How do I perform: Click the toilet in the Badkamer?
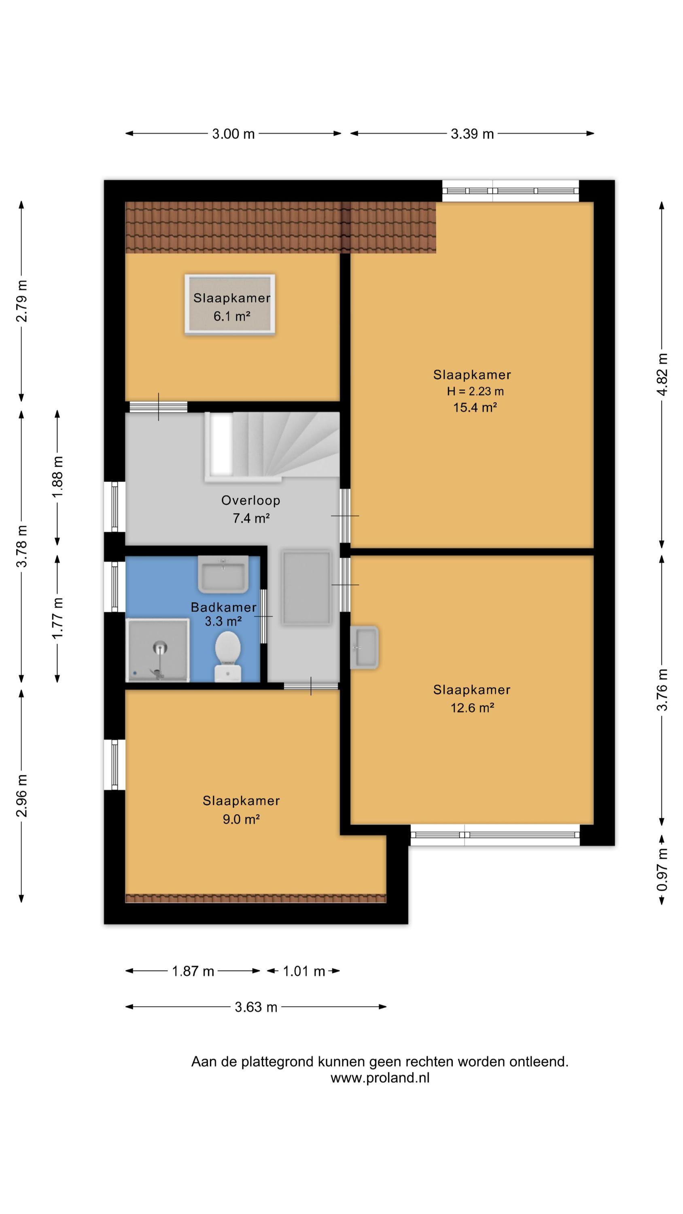pos(228,656)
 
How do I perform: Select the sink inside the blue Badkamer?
pos(223,573)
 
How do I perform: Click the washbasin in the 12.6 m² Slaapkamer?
pos(364,647)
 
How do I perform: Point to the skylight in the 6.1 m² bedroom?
pos(229,304)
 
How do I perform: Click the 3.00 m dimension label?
pos(233,134)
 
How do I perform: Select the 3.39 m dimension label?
pos(472,134)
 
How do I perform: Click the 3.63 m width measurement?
pos(256,1007)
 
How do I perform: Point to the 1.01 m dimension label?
pos(303,971)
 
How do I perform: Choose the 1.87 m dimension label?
pos(193,971)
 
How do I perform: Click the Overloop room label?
pos(251,500)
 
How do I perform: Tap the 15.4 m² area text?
pos(475,407)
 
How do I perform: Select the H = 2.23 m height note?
pos(475,391)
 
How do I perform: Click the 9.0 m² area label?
pos(241,819)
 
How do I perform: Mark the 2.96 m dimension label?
pos(22,796)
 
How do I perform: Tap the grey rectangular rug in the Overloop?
pos(306,588)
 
